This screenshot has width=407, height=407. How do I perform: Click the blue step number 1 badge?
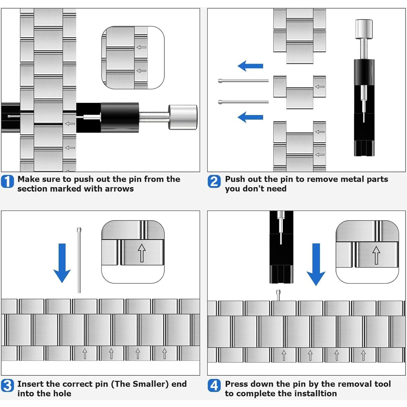(7, 182)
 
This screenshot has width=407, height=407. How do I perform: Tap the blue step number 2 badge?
(214, 182)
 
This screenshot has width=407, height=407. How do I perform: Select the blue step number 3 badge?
(7, 386)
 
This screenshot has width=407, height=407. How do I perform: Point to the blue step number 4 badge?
(214, 386)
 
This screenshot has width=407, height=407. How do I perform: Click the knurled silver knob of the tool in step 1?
(183, 117)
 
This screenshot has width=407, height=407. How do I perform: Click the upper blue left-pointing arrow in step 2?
(250, 66)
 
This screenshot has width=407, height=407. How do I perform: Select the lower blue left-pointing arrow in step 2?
(250, 117)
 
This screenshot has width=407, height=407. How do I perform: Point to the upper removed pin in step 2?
(243, 81)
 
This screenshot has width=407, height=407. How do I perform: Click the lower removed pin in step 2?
(243, 102)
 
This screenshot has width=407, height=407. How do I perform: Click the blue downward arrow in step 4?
(316, 264)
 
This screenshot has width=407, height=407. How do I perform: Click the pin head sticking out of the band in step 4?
(278, 294)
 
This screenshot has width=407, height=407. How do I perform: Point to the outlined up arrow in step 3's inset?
(142, 253)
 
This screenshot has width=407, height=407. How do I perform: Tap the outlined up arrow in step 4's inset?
(376, 255)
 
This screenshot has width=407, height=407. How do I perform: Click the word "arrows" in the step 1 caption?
(119, 189)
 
